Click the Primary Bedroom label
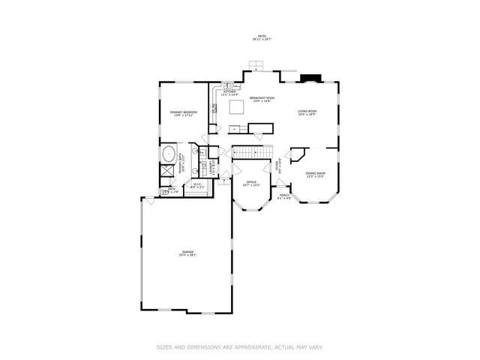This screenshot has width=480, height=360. click(x=183, y=114)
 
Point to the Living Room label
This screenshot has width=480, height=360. click(x=307, y=112)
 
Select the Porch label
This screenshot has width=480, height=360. click(x=285, y=196)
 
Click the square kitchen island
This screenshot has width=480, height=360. click(x=236, y=108)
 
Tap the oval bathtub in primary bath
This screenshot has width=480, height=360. click(x=167, y=156)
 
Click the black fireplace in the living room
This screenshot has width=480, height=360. click(x=307, y=77)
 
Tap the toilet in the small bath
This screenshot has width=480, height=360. click(x=165, y=193)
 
